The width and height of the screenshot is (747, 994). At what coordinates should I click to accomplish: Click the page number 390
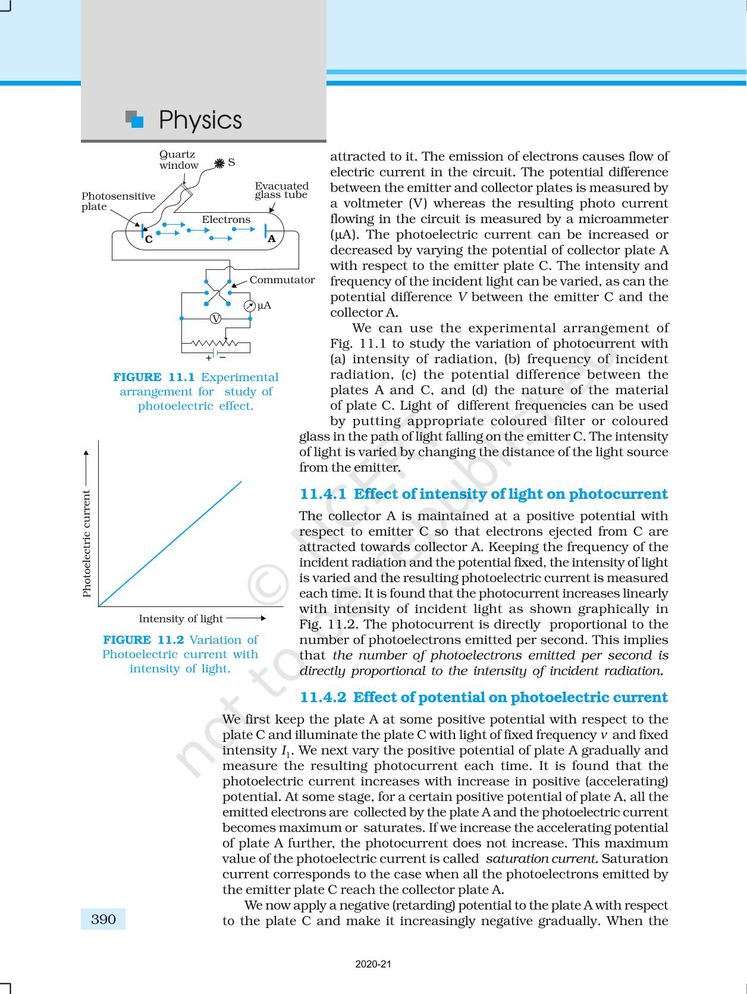(x=103, y=919)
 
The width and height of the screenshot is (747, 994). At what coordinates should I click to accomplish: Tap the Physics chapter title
(x=200, y=120)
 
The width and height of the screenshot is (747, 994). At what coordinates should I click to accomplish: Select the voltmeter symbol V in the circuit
(x=216, y=319)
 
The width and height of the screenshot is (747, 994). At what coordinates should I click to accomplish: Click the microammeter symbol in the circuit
(x=250, y=306)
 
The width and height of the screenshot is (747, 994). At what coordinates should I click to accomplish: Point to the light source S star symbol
(x=219, y=162)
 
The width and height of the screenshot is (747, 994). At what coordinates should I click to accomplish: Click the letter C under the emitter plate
(x=149, y=240)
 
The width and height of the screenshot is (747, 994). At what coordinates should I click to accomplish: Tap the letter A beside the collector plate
(x=272, y=238)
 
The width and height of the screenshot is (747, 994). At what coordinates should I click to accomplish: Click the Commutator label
(x=282, y=279)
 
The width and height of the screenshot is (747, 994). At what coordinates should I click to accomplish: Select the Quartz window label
(x=178, y=160)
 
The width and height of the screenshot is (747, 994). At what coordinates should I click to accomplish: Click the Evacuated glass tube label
(x=281, y=190)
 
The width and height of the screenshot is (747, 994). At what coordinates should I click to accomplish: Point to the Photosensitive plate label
(x=118, y=201)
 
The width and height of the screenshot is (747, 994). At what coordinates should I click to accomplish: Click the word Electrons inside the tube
(x=226, y=219)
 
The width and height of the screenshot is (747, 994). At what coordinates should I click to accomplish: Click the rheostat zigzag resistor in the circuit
(x=215, y=343)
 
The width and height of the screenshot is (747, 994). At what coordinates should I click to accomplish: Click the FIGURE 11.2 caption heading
(x=143, y=640)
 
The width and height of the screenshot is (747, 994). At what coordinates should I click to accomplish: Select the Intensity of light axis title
(x=181, y=618)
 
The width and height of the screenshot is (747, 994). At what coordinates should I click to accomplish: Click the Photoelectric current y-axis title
(x=87, y=543)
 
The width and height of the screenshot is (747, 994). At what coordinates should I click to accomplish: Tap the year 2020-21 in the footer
(x=373, y=964)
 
